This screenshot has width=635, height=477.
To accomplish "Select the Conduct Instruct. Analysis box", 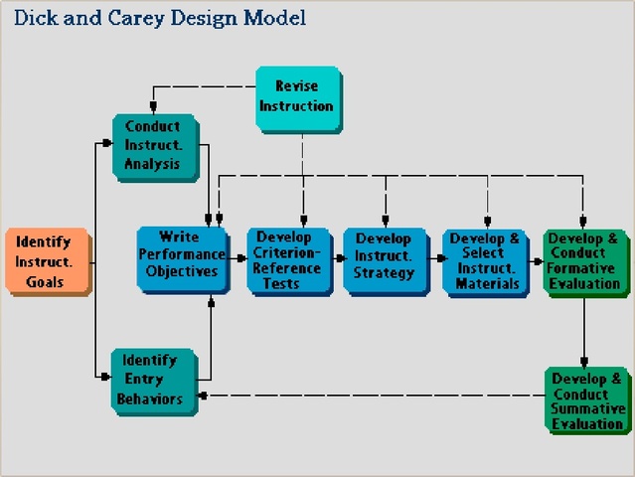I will click(x=153, y=145).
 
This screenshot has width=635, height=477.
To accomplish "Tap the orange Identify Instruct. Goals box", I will click(x=45, y=262).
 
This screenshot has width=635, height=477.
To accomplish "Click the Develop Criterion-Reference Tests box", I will click(x=288, y=259).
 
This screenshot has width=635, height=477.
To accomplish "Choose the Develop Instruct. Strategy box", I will click(x=384, y=259).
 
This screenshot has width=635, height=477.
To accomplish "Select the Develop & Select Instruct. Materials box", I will click(x=485, y=260).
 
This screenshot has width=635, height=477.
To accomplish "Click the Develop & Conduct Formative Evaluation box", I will click(x=583, y=260).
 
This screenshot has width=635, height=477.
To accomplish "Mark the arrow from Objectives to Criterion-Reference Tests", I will click(x=237, y=257).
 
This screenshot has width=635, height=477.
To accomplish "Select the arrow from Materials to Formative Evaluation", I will click(x=536, y=257).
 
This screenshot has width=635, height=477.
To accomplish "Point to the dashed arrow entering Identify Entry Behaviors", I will click(x=204, y=396).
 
